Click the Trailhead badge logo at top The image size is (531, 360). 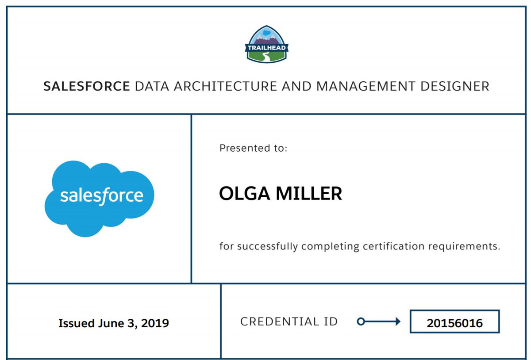click(266, 44)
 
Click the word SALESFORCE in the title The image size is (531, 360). click(87, 86)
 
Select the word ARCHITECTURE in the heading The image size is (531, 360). click(224, 86)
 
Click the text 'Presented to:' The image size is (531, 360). click(253, 148)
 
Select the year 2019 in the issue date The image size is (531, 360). click(154, 323)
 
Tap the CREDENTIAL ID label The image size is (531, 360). click(289, 322)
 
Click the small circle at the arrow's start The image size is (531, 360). click(361, 322)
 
